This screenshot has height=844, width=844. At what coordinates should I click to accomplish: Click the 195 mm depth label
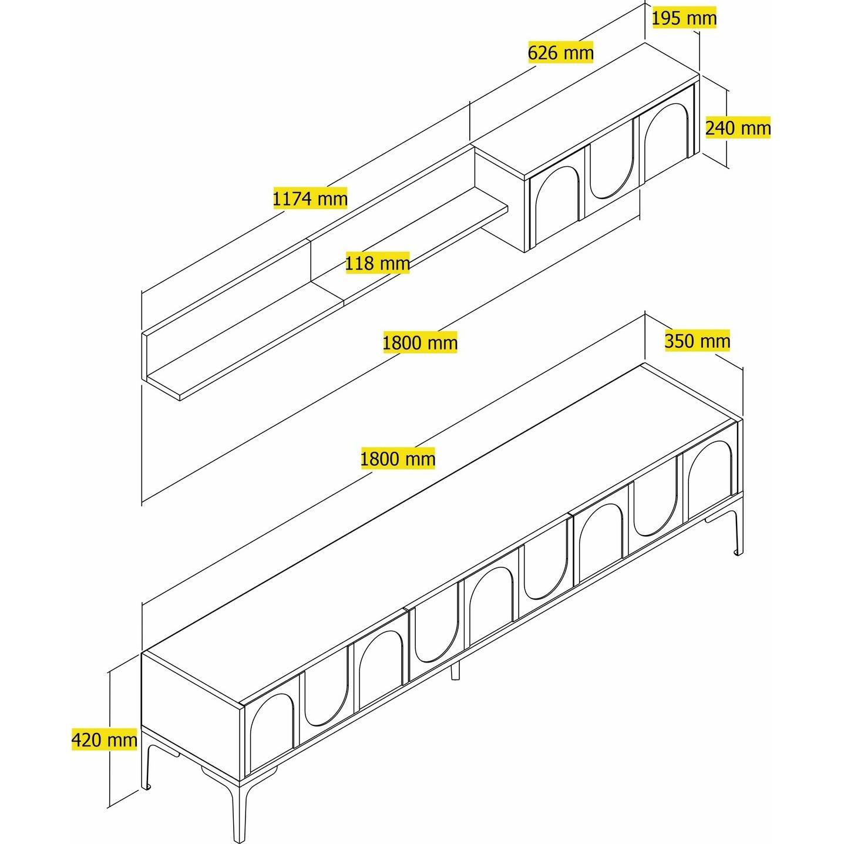click(x=684, y=18)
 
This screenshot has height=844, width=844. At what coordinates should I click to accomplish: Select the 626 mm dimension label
click(x=561, y=52)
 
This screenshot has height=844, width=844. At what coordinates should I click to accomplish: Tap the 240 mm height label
click(x=738, y=128)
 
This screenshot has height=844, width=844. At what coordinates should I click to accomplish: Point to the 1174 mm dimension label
click(x=310, y=199)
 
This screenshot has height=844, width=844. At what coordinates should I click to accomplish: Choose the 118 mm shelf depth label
click(x=378, y=263)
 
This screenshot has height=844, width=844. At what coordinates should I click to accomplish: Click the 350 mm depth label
click(x=697, y=341)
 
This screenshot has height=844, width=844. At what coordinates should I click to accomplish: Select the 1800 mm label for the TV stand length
click(x=398, y=459)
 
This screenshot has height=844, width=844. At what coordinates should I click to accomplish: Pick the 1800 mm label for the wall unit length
click(x=420, y=342)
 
